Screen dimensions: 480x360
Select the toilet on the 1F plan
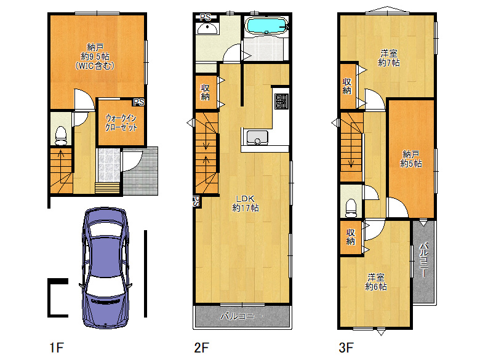tap(61, 135)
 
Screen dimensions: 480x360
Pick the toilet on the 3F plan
tap(351, 208)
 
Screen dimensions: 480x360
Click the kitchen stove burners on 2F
tap(281, 102)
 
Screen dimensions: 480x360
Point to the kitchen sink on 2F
tap(257, 137)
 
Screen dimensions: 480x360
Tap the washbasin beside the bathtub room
tap(207, 29)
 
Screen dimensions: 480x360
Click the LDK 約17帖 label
tap(246, 204)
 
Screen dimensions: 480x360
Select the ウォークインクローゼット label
tap(121, 122)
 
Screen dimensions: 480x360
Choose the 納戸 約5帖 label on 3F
tap(411, 159)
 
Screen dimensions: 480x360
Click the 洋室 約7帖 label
tap(389, 58)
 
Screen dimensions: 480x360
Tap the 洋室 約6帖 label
tap(376, 282)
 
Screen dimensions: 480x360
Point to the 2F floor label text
tap(201, 348)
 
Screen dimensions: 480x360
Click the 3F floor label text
tap(346, 348)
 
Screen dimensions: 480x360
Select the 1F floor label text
tap(57, 348)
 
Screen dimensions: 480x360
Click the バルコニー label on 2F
tap(241, 316)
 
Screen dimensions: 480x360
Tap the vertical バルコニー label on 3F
tap(423, 260)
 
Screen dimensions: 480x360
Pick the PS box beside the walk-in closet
tap(138, 102)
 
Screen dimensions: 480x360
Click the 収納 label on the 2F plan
tap(205, 92)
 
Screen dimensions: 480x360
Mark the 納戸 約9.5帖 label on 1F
tap(95, 57)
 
